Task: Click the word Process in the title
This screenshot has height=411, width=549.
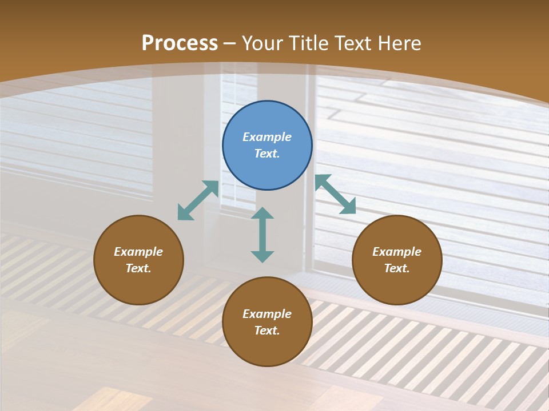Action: (x=180, y=43)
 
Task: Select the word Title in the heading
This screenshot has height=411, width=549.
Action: (x=311, y=43)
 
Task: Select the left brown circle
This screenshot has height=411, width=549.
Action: (x=138, y=285)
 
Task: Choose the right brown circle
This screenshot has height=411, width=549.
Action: (x=397, y=285)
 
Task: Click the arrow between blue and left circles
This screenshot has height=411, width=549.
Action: (x=198, y=200)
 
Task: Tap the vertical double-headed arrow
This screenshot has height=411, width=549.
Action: (x=262, y=235)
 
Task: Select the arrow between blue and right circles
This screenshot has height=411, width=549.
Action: (x=335, y=194)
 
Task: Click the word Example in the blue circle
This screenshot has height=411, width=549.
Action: (x=267, y=137)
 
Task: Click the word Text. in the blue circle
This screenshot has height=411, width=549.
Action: (x=267, y=154)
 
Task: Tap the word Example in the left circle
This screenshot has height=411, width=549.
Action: (x=138, y=252)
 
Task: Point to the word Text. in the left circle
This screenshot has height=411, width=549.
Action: (x=138, y=268)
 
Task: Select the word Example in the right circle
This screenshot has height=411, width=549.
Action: (x=397, y=252)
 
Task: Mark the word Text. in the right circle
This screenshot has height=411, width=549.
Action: (x=397, y=268)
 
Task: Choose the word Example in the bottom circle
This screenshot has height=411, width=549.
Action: (x=267, y=314)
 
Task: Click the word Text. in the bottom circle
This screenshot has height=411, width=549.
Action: (x=267, y=331)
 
